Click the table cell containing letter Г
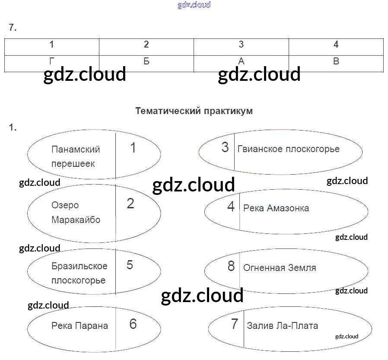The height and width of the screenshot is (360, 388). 52,61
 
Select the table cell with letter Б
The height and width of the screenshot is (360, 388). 146,61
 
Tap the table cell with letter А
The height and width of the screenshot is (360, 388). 241,61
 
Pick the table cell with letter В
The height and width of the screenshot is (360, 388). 336,61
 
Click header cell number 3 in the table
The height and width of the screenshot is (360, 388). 241,45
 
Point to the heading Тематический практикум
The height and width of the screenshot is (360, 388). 194,111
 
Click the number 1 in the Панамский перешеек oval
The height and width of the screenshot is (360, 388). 133,148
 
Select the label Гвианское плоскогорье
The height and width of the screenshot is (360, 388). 289,149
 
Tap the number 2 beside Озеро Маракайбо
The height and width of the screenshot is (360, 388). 130,204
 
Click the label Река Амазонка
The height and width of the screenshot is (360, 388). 276,208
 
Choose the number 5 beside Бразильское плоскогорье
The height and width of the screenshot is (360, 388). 130,264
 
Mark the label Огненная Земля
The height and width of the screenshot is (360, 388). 280,268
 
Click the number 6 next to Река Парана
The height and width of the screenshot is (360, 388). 133,324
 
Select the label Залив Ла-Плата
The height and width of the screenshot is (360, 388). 283,325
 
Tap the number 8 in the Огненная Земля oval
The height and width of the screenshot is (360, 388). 231,266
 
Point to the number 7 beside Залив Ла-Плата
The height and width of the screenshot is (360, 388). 235,324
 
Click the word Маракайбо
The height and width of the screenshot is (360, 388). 76,220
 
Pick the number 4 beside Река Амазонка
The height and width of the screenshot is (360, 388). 231,207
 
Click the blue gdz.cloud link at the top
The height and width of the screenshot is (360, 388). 194,5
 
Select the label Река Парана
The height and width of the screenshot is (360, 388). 80,325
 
